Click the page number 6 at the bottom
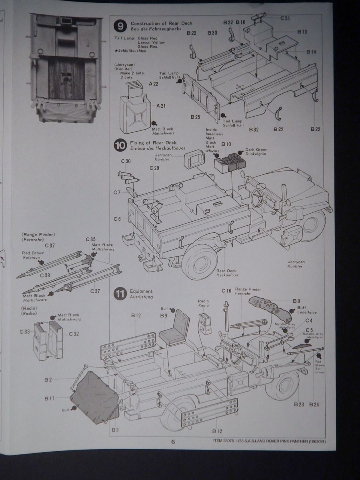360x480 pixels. click(x=173, y=442)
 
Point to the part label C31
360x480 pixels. click(x=285, y=18)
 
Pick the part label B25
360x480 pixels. click(x=195, y=117)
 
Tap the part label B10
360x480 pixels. click(x=226, y=144)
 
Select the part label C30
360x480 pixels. click(x=126, y=161)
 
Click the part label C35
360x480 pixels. click(x=90, y=239)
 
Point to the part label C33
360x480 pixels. click(x=25, y=332)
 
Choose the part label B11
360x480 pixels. click(x=50, y=398)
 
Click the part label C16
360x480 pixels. click(x=226, y=291)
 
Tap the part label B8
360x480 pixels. click(x=296, y=300)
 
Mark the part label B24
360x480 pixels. click(x=314, y=404)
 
